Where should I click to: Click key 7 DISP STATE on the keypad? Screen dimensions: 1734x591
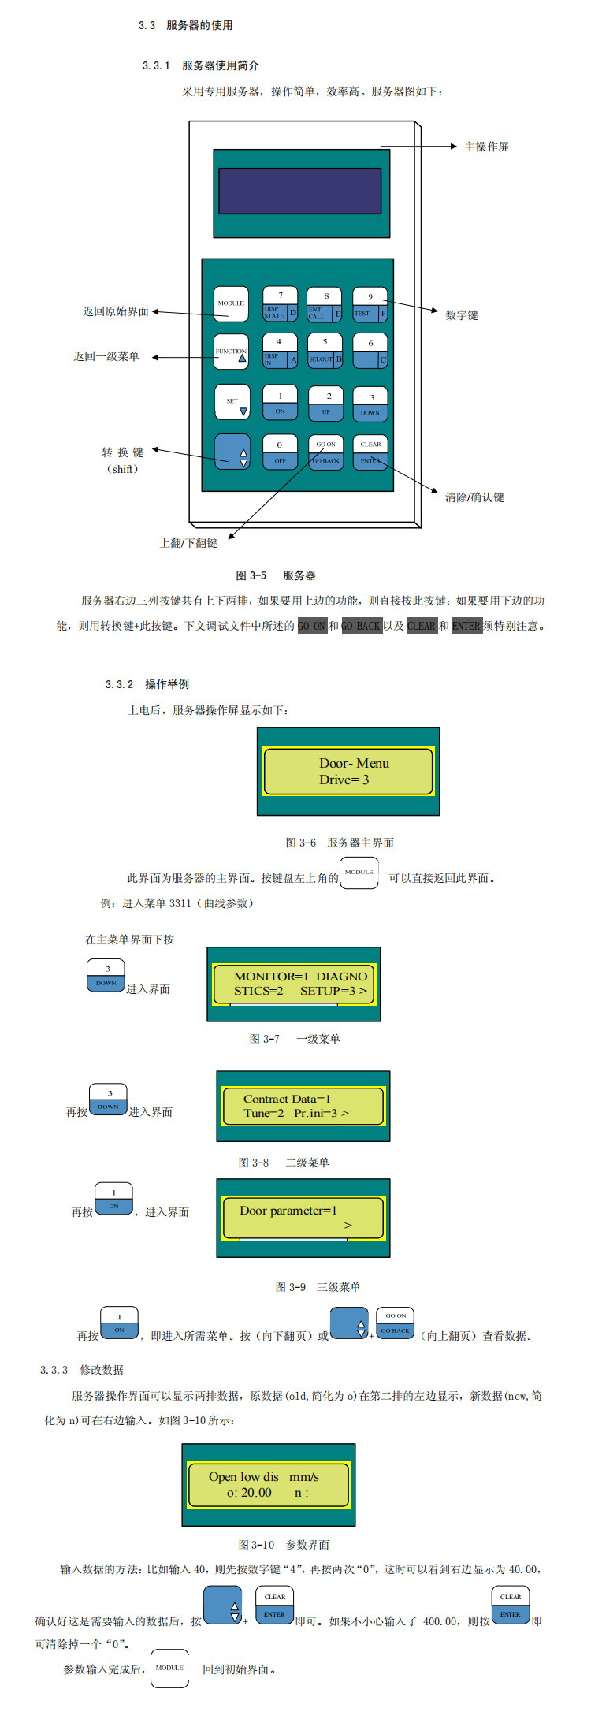pyautogui.click(x=280, y=304)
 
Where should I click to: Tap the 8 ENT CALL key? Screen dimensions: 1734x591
pyautogui.click(x=325, y=304)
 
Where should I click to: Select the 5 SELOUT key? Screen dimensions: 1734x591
pyautogui.click(x=325, y=351)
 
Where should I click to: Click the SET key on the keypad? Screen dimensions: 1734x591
pyautogui.click(x=232, y=402)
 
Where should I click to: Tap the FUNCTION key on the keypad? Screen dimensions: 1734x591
pyautogui.click(x=231, y=352)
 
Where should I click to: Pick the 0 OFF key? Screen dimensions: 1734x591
pyautogui.click(x=280, y=452)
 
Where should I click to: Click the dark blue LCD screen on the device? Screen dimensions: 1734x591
pyautogui.click(x=299, y=190)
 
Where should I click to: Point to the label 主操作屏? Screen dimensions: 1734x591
pyautogui.click(x=486, y=147)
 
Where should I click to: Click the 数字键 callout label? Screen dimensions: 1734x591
pyautogui.click(x=462, y=315)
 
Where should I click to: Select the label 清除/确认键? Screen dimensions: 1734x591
pyautogui.click(x=474, y=497)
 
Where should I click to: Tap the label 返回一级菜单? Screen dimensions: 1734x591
pyautogui.click(x=106, y=356)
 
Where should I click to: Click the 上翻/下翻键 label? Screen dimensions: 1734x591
pyautogui.click(x=188, y=543)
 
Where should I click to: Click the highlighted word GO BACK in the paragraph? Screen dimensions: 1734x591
pyautogui.click(x=361, y=626)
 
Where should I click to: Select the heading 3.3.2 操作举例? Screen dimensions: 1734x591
pyautogui.click(x=147, y=684)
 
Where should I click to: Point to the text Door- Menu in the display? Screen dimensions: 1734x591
pyautogui.click(x=354, y=763)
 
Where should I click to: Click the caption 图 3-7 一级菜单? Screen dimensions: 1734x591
pyautogui.click(x=295, y=1039)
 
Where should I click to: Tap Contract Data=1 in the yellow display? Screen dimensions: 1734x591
pyautogui.click(x=287, y=1099)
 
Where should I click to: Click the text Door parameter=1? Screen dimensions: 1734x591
pyautogui.click(x=288, y=1211)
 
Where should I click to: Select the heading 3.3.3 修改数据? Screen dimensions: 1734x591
pyautogui.click(x=82, y=1370)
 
